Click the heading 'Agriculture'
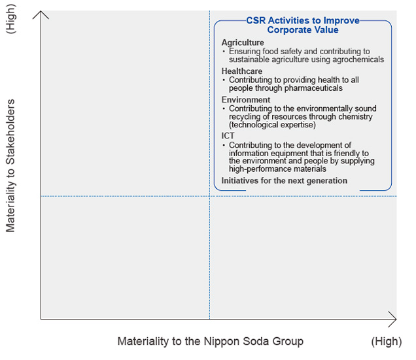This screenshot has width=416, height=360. (243, 42)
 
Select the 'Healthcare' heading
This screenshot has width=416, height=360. (242, 71)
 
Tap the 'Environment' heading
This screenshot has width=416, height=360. (245, 100)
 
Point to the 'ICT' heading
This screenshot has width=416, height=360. (228, 136)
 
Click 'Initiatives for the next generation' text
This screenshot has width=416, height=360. (285, 180)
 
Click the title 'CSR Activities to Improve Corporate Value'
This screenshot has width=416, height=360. (303, 25)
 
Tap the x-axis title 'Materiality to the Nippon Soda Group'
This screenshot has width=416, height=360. (210, 341)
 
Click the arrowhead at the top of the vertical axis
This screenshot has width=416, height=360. (41, 14)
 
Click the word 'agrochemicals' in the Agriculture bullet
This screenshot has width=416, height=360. (357, 59)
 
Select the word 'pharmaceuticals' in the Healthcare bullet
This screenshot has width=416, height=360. (311, 88)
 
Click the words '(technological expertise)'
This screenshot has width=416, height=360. (272, 124)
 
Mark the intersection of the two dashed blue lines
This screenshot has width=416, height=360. (209, 196)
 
